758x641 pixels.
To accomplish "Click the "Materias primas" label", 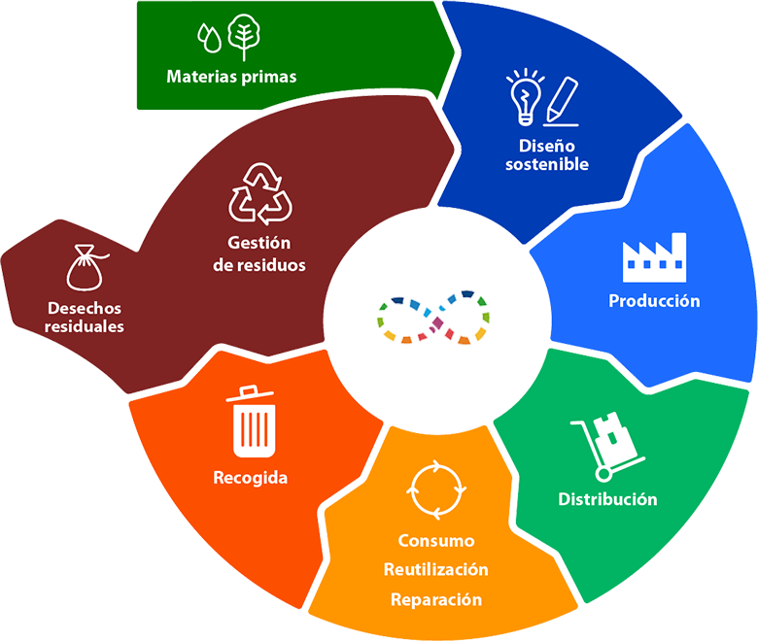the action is coord(231,77).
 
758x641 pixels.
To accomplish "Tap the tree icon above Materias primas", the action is coord(244,37).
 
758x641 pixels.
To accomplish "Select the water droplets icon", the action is coord(209,38).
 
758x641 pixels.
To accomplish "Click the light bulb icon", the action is coord(525,97).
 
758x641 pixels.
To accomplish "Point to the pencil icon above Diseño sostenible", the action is coord(562,101).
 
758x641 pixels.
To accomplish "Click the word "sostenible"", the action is coord(547,164).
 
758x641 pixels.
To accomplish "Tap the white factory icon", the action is coord(655,257).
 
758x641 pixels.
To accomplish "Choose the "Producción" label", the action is coord(654,301).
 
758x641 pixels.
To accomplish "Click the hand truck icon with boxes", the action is coord(607,447).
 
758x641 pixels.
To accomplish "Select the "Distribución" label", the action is coord(607,499).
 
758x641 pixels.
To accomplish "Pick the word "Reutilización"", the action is coord(436,569).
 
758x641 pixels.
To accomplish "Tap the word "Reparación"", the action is coord(436,599).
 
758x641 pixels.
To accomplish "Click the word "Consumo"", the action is coord(436,541).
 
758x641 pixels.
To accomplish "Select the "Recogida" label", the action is coord(251,478).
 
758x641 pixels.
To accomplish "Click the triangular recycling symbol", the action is coord(260,193).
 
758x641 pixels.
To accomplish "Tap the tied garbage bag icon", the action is coord(86,267).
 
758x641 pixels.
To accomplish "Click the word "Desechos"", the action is coord(85,308).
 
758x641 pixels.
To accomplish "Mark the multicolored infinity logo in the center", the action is coord(433,318).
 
